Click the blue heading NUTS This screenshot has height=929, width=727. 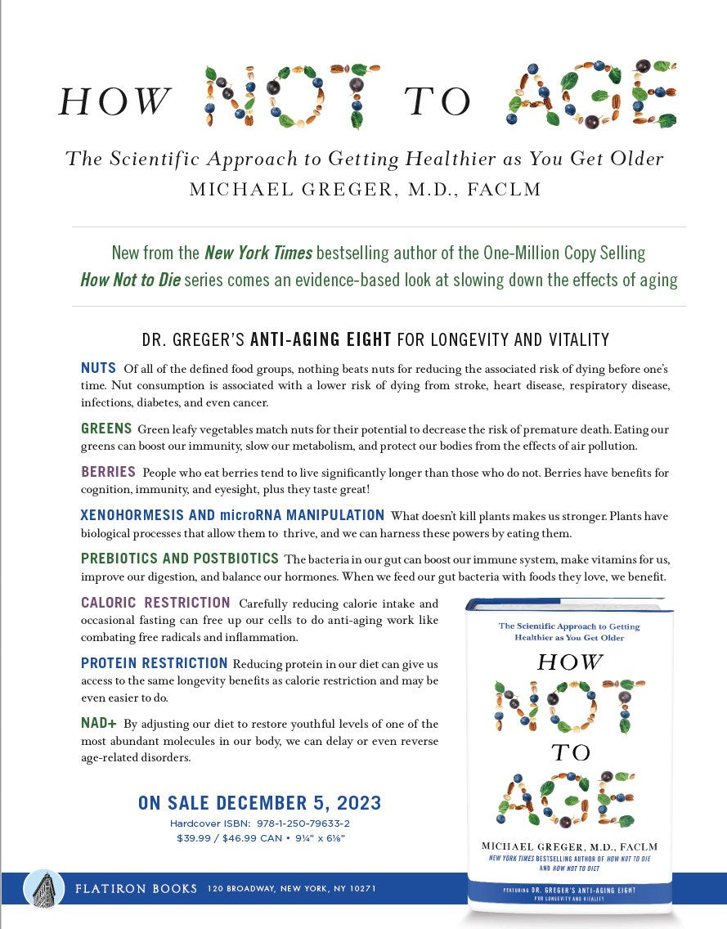pyautogui.click(x=98, y=368)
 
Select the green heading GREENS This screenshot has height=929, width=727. pyautogui.click(x=106, y=429)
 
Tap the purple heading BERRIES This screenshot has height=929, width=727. pyautogui.click(x=108, y=472)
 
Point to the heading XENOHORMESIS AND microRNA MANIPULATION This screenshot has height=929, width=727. pyautogui.click(x=232, y=515)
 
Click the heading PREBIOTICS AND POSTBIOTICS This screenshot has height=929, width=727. pyautogui.click(x=180, y=559)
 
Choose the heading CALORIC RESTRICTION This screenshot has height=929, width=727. pyautogui.click(x=155, y=603)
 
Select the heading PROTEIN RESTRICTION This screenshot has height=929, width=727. pyautogui.click(x=154, y=663)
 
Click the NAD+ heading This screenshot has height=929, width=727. pyautogui.click(x=99, y=724)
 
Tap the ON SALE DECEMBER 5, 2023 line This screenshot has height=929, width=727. pyautogui.click(x=259, y=802)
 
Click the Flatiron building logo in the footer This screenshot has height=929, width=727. pyautogui.click(x=44, y=889)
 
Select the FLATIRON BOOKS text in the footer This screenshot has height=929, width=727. pyautogui.click(x=136, y=889)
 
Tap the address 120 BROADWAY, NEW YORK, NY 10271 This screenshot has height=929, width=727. pyautogui.click(x=292, y=889)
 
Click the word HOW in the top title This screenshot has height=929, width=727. pyautogui.click(x=114, y=102)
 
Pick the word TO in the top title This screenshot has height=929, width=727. pyautogui.click(x=438, y=102)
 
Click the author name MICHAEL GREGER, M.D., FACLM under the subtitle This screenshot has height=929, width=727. pyautogui.click(x=365, y=190)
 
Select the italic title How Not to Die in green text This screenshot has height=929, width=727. pyautogui.click(x=130, y=280)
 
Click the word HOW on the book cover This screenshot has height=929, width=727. pyautogui.click(x=570, y=662)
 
